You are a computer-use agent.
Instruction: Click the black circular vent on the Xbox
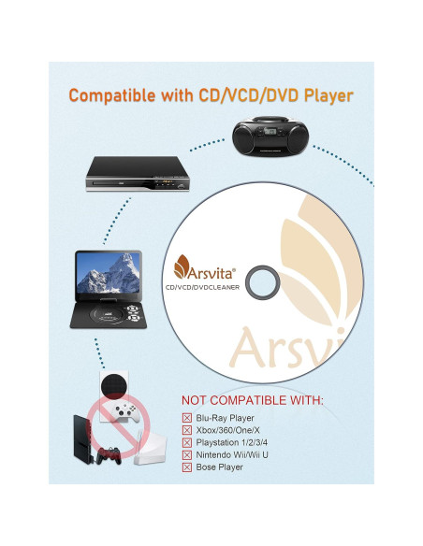(110, 385)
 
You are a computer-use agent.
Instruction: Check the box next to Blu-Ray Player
(188, 418)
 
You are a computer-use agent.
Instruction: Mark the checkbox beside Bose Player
(188, 467)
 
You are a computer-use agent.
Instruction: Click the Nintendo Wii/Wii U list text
(239, 454)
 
